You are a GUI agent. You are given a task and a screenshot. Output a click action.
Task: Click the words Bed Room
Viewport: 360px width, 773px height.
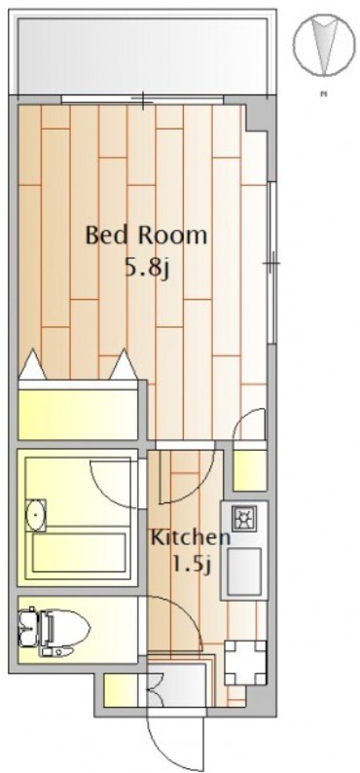tap(146, 236)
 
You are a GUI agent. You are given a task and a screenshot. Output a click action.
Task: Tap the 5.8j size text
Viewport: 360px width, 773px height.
tap(146, 268)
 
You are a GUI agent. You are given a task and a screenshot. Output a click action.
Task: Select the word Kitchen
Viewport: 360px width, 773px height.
tap(190, 536)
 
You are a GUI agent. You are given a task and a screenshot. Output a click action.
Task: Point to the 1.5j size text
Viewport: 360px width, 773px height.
tap(192, 563)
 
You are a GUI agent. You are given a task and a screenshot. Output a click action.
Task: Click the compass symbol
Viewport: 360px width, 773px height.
tap(324, 45)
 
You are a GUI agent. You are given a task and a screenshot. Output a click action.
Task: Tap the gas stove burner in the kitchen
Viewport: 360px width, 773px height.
tap(243, 519)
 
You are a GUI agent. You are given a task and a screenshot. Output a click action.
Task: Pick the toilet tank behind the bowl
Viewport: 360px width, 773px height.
tap(28, 629)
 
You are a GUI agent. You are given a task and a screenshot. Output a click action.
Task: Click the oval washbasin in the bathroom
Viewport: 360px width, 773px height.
tap(35, 515)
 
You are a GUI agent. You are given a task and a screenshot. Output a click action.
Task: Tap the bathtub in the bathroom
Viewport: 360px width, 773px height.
tap(79, 553)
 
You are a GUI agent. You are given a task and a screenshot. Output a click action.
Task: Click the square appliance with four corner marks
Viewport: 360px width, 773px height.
tap(245, 663)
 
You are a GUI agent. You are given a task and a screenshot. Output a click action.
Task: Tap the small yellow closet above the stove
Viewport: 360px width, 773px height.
tap(249, 470)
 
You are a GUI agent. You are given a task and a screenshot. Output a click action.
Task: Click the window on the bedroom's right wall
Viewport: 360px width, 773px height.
tap(271, 263)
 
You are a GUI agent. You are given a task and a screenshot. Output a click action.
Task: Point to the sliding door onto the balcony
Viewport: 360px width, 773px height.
tap(143, 99)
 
